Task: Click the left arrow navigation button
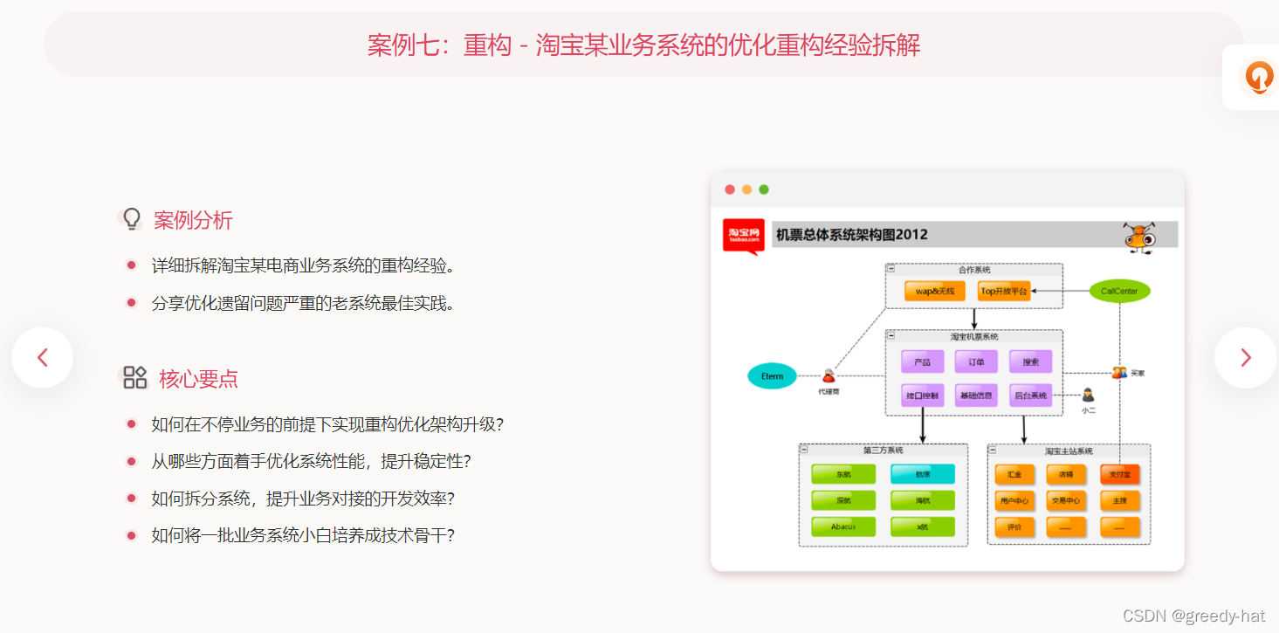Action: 42,357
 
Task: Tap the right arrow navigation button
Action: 1245,357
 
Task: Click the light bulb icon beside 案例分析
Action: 132,218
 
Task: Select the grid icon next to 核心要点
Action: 134,377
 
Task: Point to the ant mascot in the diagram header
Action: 1139,236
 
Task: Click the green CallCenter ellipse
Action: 1119,291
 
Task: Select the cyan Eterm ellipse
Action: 773,376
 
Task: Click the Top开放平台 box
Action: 1004,291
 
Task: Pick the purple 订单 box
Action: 976,361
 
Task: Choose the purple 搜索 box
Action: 1030,361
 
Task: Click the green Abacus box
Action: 843,526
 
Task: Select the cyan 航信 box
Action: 923,474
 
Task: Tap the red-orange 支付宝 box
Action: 1120,474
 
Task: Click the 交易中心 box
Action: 1066,501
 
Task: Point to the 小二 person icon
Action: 1088,396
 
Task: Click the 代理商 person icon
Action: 828,376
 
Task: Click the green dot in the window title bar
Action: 764,189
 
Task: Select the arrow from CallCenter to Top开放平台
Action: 1061,291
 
